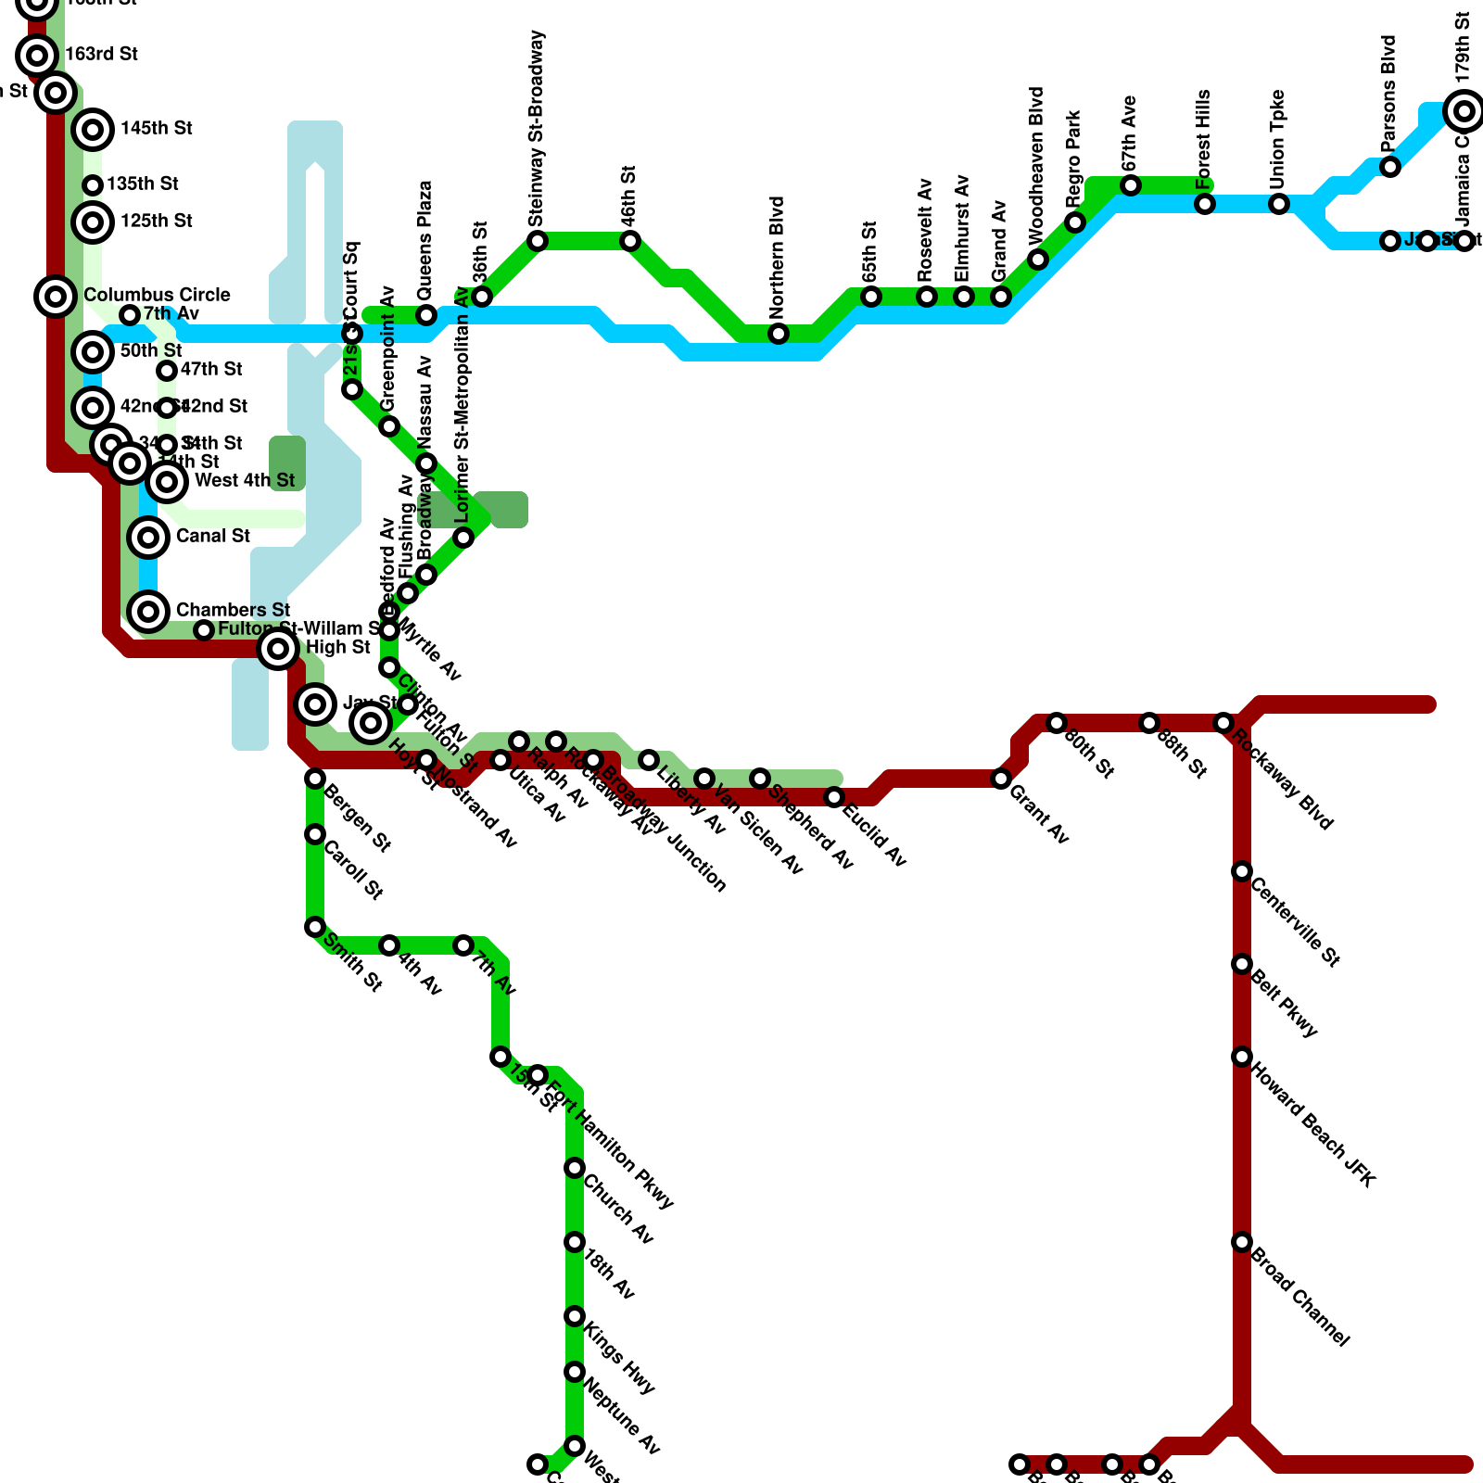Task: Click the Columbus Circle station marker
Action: coord(56,297)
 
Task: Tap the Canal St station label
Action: coord(212,537)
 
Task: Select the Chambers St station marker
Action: coord(148,611)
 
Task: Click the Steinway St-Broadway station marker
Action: coord(538,241)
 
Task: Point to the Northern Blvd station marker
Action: coord(779,334)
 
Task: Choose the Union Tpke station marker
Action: coord(1279,204)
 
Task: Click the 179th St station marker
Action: coord(1464,111)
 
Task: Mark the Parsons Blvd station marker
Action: coord(1390,167)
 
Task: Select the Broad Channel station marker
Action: coord(1242,1242)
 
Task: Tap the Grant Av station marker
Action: coord(1001,779)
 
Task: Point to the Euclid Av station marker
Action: coord(834,797)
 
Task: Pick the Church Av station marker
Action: coord(575,1168)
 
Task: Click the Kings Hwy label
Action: coord(619,1359)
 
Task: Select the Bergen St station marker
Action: coord(315,779)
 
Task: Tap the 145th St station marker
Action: coord(93,129)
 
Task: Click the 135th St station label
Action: coord(142,184)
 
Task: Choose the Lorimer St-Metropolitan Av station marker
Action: coord(463,538)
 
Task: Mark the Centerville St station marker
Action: coord(1242,871)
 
